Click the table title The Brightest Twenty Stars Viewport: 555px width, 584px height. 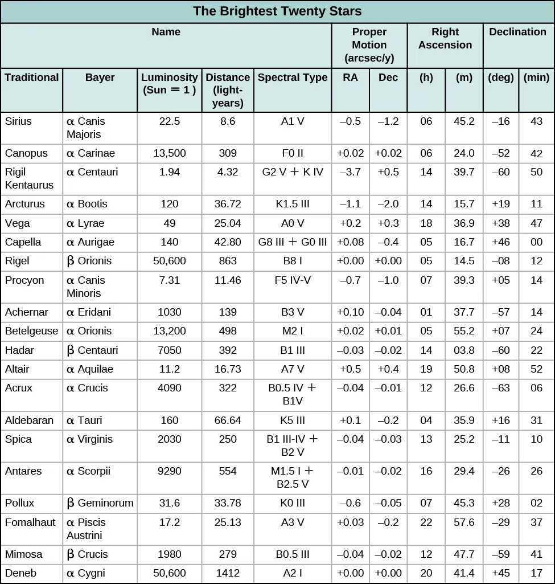(x=277, y=11)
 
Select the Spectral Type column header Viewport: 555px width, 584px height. (x=293, y=77)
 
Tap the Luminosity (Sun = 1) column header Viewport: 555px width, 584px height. (x=170, y=83)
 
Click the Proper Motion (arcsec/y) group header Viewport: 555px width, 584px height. (x=369, y=45)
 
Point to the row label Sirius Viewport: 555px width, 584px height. (x=18, y=121)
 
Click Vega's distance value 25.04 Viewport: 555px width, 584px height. (x=228, y=223)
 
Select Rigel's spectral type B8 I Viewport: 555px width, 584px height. (x=293, y=261)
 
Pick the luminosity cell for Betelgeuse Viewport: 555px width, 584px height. (x=170, y=331)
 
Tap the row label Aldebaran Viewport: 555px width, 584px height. (x=29, y=420)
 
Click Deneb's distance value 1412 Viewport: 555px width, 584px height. (x=228, y=573)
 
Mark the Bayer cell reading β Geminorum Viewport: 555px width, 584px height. (x=100, y=503)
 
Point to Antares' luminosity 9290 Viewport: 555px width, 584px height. (x=170, y=471)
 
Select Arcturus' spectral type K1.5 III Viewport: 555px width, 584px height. (x=293, y=204)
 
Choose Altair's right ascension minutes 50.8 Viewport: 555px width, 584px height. (x=464, y=369)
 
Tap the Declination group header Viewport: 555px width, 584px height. (x=518, y=32)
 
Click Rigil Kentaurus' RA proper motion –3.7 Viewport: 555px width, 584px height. (x=350, y=172)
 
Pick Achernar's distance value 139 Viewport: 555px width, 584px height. (x=228, y=312)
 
